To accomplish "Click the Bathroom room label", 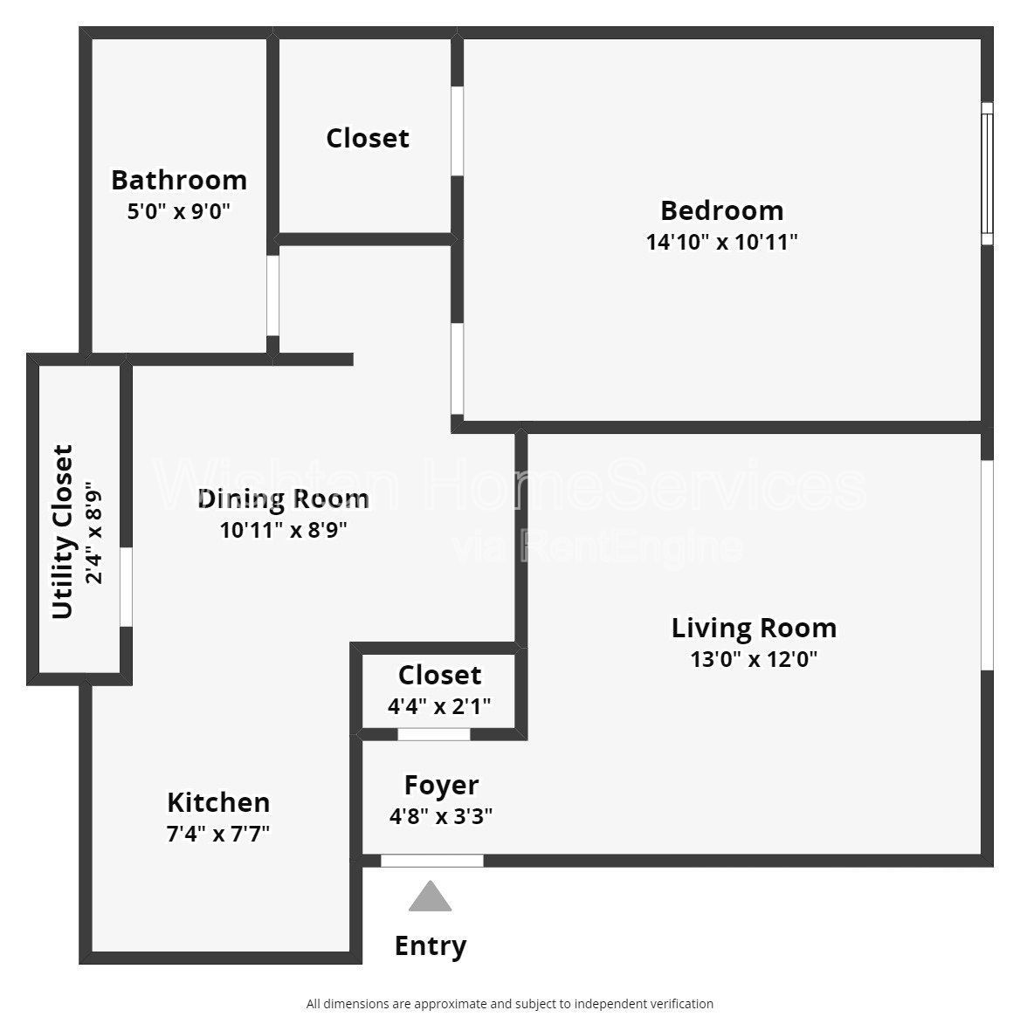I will coord(179,180).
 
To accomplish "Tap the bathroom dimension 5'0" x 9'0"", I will coord(179,211).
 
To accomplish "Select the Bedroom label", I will coord(721,210).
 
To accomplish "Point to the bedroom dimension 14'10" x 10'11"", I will coord(721,242).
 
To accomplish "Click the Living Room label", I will coord(754,628).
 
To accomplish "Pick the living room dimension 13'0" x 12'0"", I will coord(754,659).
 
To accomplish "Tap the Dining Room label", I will coord(283,498).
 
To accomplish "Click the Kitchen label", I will coord(218,802).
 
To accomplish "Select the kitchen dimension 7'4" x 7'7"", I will coord(218,834).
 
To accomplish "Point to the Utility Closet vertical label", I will coord(63,532).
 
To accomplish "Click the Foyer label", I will coord(441,785).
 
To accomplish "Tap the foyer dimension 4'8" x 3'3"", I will coord(441,816).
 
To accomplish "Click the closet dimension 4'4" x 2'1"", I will coord(439,706).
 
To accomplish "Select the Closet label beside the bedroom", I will coord(368,138).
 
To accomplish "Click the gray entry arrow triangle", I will coord(431,897).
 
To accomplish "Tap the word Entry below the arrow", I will coord(431,945).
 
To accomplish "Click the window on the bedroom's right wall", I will coord(987,174).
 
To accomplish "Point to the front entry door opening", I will coord(432,861).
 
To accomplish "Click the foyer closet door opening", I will coord(434,734).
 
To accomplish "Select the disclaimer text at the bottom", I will coord(510,1004).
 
